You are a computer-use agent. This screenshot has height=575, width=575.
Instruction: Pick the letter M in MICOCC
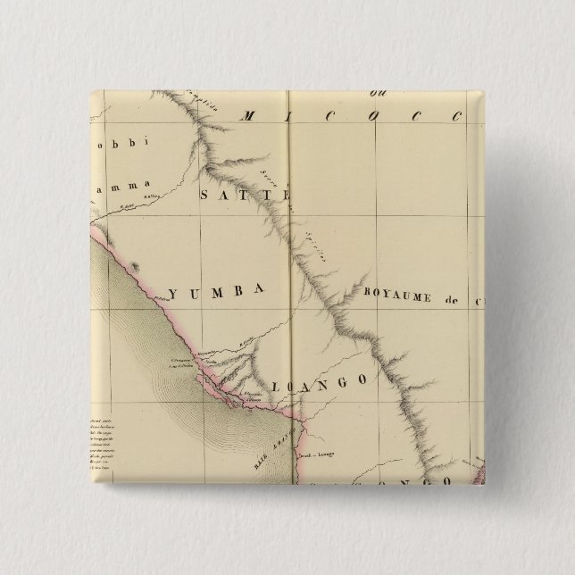tap(249, 115)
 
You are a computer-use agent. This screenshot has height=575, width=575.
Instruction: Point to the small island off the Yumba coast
tap(135, 266)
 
